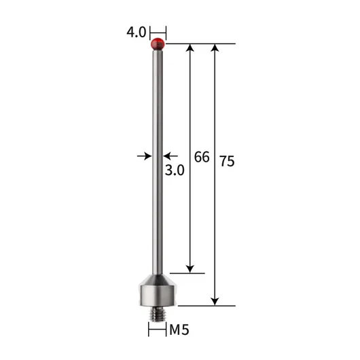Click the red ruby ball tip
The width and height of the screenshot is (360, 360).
click(158, 44)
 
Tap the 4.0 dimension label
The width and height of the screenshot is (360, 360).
click(136, 32)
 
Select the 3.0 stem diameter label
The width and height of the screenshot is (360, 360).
click(175, 170)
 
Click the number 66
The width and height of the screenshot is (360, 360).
click(202, 157)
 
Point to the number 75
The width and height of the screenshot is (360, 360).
click(227, 161)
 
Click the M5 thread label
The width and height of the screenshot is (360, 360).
click(179, 330)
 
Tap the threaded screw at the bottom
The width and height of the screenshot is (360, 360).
click(158, 314)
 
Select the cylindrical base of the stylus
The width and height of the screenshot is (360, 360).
click(158, 295)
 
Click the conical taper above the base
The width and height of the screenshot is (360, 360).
click(158, 280)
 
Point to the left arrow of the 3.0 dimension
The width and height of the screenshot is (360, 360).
click(144, 156)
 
